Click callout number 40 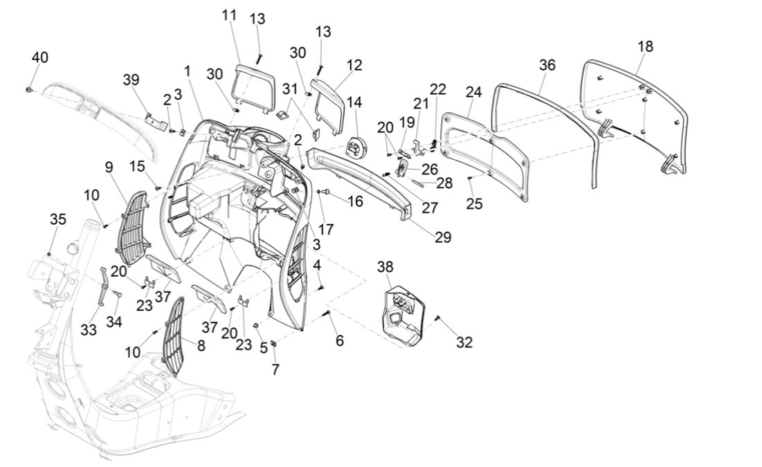(x=39, y=57)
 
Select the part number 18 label (x=645, y=46)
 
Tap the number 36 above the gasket (x=547, y=64)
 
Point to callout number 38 (x=385, y=266)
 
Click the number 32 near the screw (x=464, y=342)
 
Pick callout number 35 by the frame (x=57, y=219)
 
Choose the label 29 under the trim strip (x=443, y=237)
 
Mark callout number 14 (x=354, y=102)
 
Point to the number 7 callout (x=275, y=369)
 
